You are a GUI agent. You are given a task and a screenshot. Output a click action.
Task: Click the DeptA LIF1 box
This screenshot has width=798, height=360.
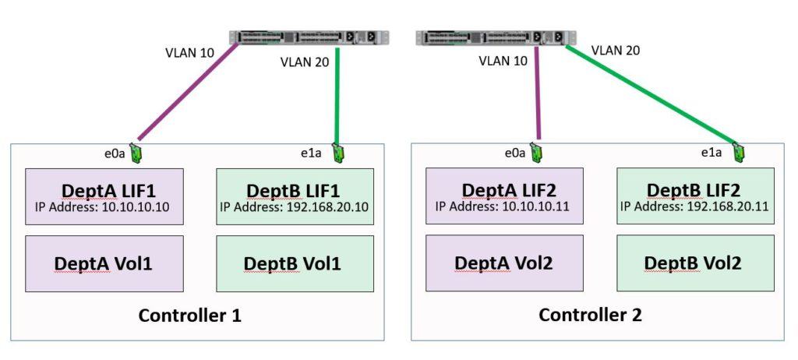pyautogui.click(x=104, y=197)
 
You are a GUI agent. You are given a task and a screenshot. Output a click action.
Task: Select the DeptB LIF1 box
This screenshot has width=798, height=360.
pyautogui.click(x=295, y=197)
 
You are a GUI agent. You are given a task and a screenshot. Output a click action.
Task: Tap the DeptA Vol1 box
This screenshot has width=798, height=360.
pyautogui.click(x=104, y=263)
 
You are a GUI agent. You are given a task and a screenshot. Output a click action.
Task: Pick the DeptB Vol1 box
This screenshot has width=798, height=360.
pyautogui.click(x=295, y=263)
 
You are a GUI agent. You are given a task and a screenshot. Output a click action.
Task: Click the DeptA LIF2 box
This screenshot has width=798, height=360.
pyautogui.click(x=504, y=197)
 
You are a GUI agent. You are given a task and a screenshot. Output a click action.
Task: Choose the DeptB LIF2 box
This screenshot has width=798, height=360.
pyautogui.click(x=695, y=197)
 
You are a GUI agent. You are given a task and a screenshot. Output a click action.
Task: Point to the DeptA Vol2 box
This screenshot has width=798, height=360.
pyautogui.click(x=504, y=263)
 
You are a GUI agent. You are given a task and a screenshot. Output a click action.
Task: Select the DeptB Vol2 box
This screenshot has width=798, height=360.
pyautogui.click(x=695, y=263)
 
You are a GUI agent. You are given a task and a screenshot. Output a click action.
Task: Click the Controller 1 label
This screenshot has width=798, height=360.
pyautogui.click(x=189, y=316)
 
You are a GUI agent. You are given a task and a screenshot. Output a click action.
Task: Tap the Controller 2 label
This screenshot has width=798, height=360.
pyautogui.click(x=590, y=316)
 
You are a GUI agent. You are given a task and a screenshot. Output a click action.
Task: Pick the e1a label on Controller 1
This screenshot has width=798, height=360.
pyautogui.click(x=311, y=153)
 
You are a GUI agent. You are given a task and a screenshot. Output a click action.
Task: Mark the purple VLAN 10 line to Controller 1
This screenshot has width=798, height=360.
pyautogui.click(x=187, y=94)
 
